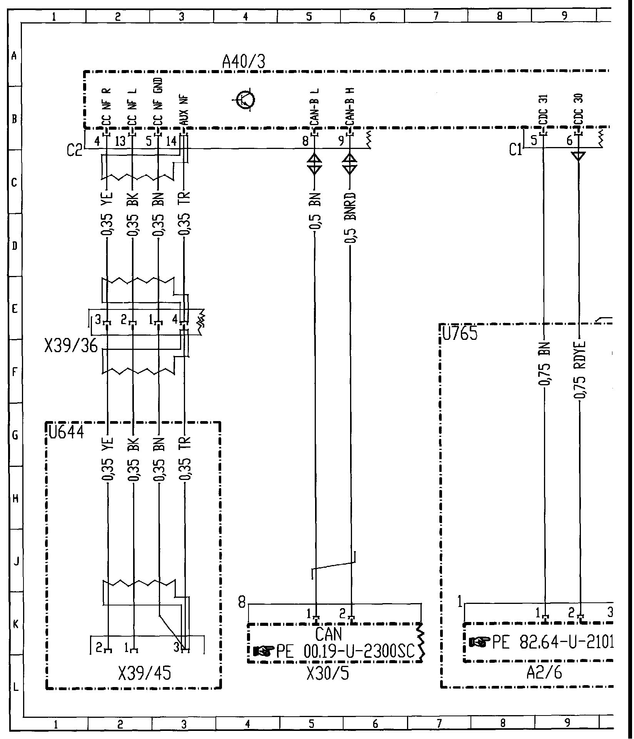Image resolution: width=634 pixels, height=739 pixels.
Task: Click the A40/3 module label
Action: (244, 62)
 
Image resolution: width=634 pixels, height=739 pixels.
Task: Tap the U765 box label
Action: (460, 333)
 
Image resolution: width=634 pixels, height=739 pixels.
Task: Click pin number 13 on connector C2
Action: (120, 142)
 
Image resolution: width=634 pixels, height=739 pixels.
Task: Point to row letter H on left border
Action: (15, 498)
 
